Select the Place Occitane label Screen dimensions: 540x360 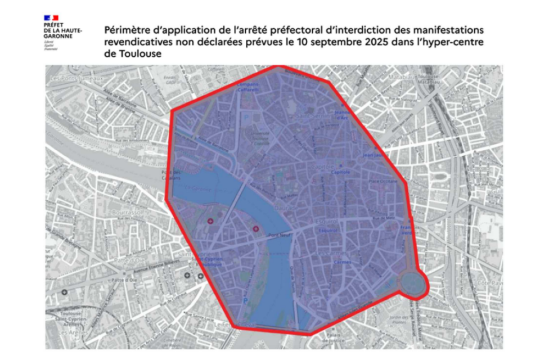coord(379,182)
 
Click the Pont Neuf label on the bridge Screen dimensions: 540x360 coord(278,236)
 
